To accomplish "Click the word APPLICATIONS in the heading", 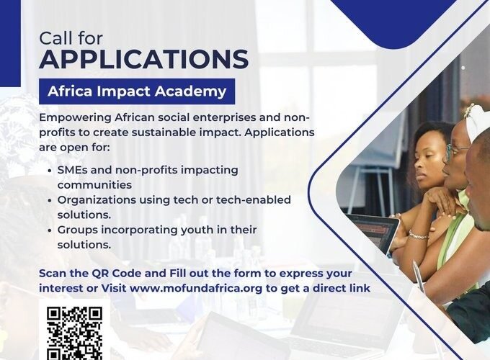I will coord(144,58).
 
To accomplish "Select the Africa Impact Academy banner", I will coord(137,91).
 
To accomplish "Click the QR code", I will coord(74,333).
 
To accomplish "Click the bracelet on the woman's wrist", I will coord(417,235).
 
